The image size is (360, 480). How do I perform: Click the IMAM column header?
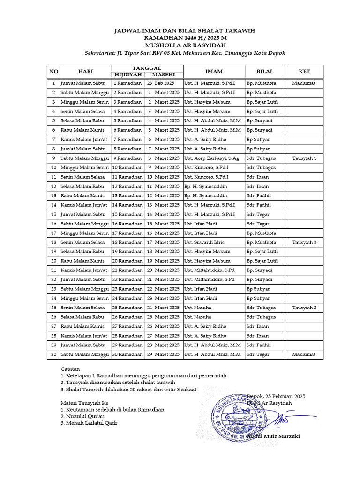pos(214,71)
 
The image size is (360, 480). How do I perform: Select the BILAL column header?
pos(265,71)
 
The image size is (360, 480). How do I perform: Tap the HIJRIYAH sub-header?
pos(127,75)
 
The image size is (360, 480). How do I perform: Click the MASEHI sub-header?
pos(164,75)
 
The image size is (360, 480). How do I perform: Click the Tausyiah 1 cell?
pos(304,158)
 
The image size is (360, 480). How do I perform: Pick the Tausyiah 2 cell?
pos(304,242)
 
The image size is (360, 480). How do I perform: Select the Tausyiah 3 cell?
pos(304,307)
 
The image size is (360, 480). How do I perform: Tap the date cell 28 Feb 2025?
pos(164,83)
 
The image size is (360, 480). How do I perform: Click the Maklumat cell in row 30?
pos(304,354)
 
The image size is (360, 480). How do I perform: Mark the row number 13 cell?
pos(53,195)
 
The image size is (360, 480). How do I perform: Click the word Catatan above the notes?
pos(71,368)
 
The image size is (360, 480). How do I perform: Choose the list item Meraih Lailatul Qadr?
pos(89,423)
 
